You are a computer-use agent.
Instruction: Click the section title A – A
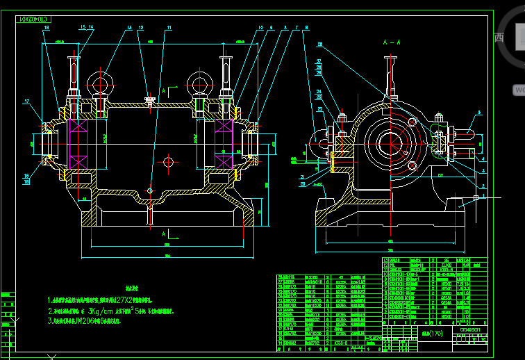point(392,43)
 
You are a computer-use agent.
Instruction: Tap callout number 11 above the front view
point(169,28)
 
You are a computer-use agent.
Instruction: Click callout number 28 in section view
point(320,44)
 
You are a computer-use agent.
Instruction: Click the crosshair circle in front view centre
point(167,161)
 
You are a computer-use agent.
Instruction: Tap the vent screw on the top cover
point(150,101)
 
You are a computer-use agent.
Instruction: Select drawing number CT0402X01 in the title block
point(469,331)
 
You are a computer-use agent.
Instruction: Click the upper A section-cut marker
point(164,91)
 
